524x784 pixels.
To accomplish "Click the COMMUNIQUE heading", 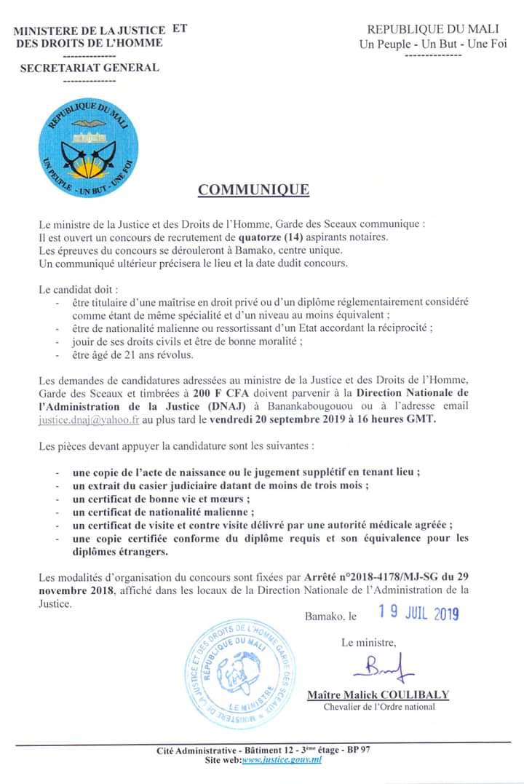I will click(x=253, y=190).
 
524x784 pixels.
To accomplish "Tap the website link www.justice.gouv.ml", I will click(x=281, y=760).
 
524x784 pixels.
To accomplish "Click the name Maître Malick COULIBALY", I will click(x=378, y=694).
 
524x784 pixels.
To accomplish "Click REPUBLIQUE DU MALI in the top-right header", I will click(x=432, y=29).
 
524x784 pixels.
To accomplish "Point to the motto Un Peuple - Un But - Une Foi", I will click(x=432, y=44).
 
